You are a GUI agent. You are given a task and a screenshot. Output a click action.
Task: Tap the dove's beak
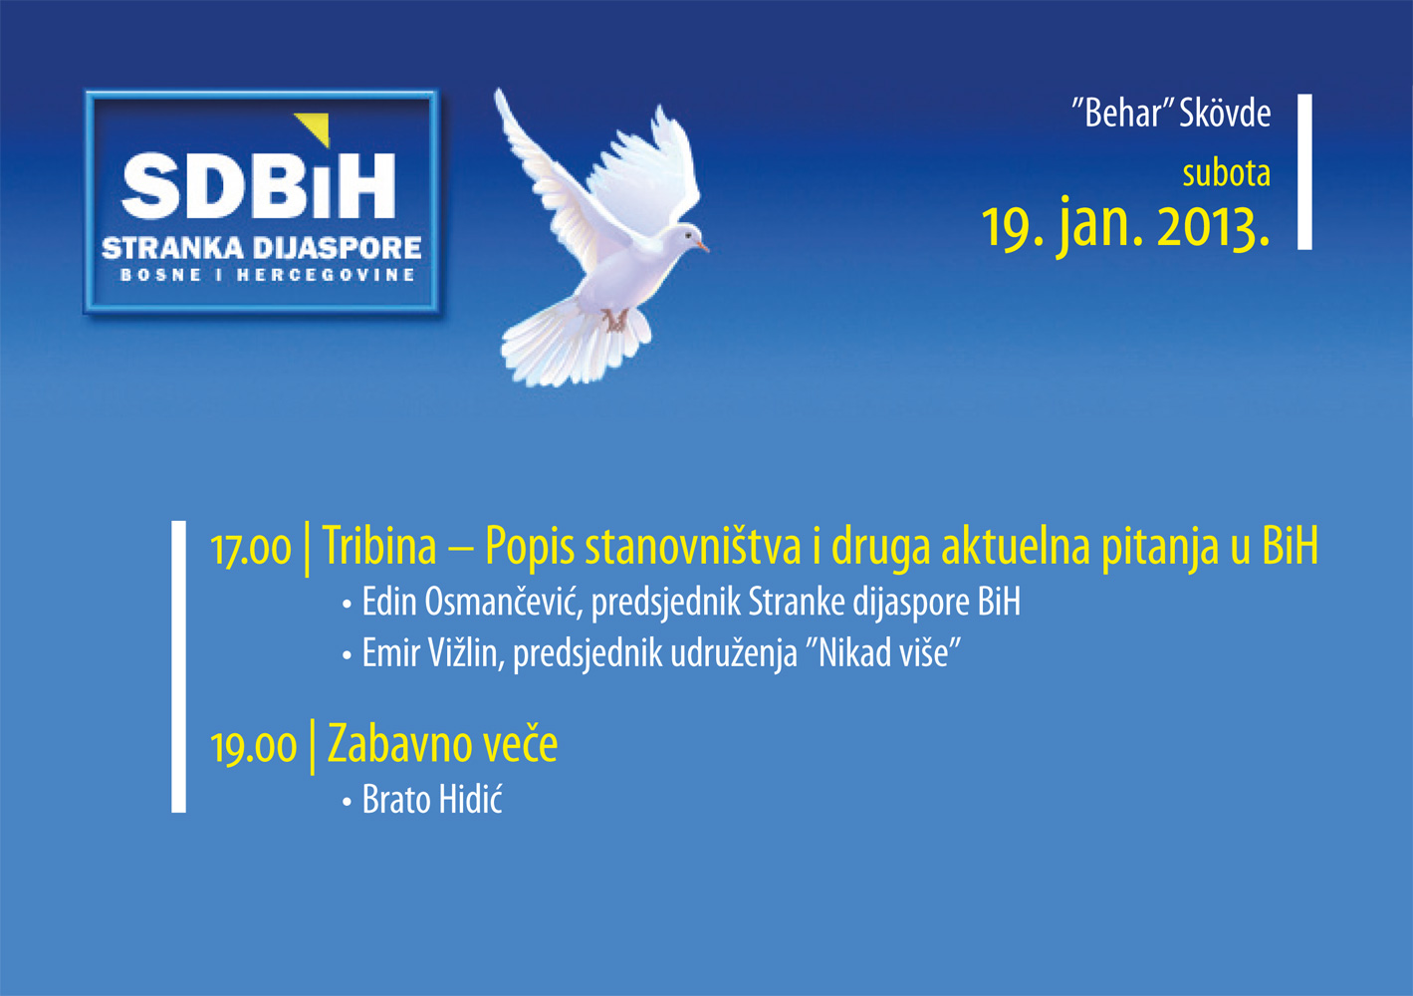[702, 245]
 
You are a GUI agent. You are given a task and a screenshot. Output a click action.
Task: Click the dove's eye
[687, 235]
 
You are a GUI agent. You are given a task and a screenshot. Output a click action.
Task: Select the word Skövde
[1225, 114]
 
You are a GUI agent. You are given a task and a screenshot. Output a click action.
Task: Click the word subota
[1226, 173]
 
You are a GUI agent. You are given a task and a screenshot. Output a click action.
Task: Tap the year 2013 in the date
[1213, 227]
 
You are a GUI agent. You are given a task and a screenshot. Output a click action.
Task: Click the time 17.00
[250, 549]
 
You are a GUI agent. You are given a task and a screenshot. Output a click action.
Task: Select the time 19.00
[253, 747]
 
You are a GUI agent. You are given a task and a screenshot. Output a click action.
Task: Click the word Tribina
[379, 546]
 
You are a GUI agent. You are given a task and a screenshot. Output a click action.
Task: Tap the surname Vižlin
[467, 652]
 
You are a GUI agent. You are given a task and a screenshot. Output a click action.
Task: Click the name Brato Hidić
[432, 799]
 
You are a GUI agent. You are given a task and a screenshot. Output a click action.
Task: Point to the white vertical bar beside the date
[1304, 171]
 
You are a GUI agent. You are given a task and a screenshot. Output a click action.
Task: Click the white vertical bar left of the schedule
[178, 666]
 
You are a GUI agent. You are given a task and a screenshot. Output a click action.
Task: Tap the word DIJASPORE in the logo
[338, 248]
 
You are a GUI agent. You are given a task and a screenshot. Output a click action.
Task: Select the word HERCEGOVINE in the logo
[326, 275]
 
